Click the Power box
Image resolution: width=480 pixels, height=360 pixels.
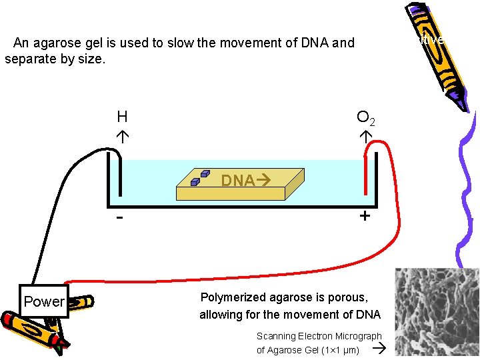click(44, 301)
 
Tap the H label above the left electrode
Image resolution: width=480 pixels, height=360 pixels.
click(122, 117)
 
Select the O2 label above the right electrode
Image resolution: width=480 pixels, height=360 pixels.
click(366, 118)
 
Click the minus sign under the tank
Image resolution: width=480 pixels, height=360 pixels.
click(119, 218)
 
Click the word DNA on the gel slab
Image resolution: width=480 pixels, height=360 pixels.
click(237, 180)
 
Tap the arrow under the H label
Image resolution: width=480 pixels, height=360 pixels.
click(123, 136)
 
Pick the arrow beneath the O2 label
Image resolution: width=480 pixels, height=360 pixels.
click(365, 136)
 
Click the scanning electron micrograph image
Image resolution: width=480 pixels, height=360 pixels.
click(437, 312)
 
